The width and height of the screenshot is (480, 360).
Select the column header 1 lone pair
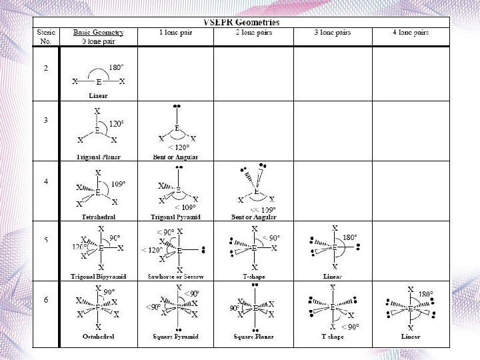coord(175,32)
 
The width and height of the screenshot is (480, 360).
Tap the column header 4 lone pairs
coord(411,32)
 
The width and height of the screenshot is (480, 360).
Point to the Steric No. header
coord(46,36)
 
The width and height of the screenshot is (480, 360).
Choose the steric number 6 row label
coord(45,300)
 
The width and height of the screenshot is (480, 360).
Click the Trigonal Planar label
coord(98,157)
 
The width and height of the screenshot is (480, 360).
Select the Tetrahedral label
coord(98,217)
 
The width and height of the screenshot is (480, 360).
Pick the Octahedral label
coord(98,337)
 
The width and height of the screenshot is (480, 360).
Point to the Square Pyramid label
coord(175,337)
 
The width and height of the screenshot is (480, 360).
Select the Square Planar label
coord(255,337)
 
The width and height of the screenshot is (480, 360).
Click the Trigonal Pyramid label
coord(175,217)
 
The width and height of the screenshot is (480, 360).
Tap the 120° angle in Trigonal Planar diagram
coord(118,123)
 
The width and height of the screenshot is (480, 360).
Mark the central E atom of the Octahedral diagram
coord(98,308)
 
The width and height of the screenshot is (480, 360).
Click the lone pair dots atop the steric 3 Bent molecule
coord(177,106)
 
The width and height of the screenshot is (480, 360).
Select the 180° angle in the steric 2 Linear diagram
coord(117,68)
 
